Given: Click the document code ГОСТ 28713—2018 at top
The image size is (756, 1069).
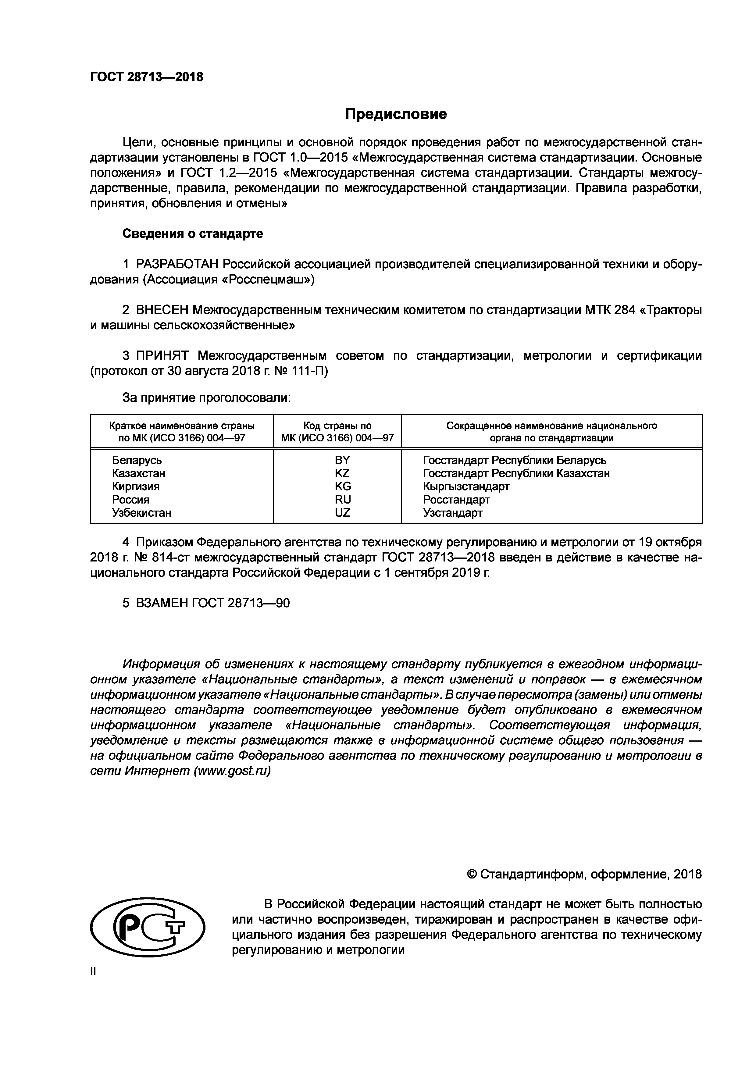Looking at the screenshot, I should pyautogui.click(x=147, y=77).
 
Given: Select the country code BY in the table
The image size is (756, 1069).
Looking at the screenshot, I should pyautogui.click(x=342, y=460).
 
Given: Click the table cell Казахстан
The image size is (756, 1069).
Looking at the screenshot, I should pyautogui.click(x=138, y=473).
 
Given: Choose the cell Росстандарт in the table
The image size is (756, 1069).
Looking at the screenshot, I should pyautogui.click(x=456, y=500).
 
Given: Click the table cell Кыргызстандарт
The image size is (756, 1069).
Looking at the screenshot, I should pyautogui.click(x=466, y=486).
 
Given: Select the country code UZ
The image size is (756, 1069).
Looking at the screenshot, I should pyautogui.click(x=342, y=513).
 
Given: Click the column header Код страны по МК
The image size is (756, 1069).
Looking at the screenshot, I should pyautogui.click(x=337, y=432).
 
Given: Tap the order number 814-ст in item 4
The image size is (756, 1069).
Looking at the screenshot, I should pyautogui.click(x=168, y=557).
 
